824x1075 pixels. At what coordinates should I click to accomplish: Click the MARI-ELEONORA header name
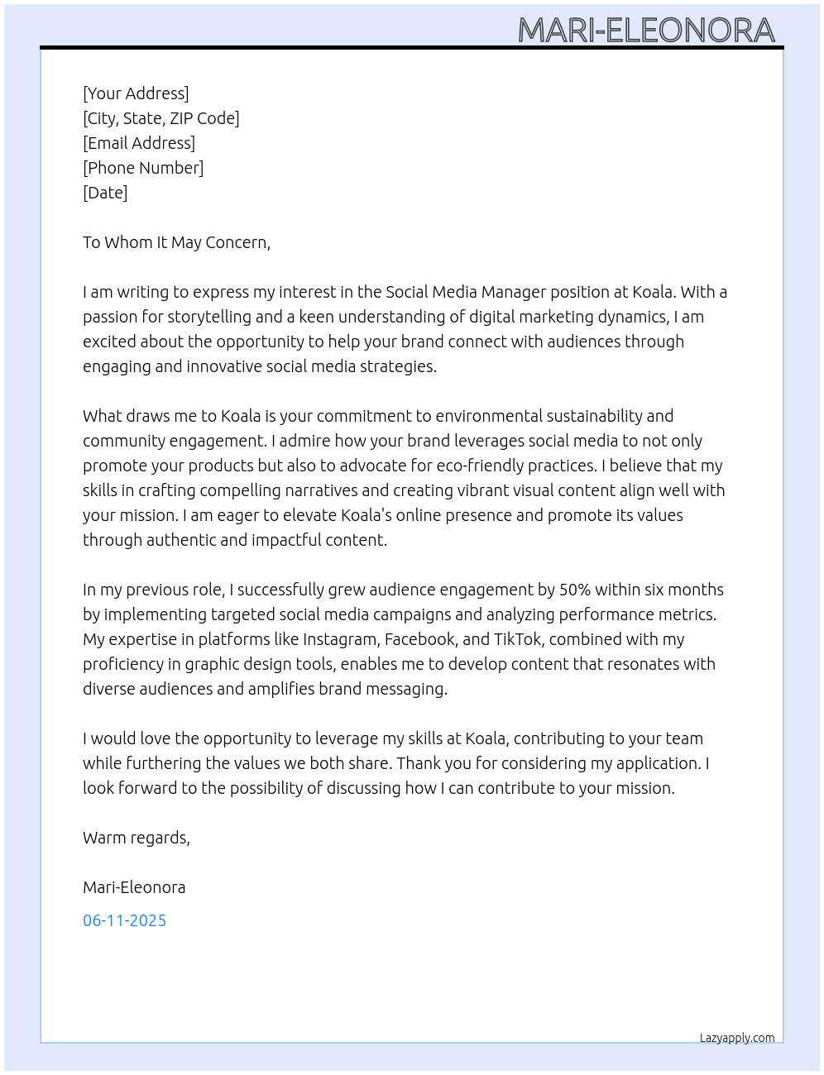(646, 31)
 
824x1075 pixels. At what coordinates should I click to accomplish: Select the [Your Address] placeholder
(136, 93)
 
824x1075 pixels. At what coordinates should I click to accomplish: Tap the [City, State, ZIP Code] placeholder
(161, 118)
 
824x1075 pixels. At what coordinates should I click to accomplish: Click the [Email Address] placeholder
(139, 143)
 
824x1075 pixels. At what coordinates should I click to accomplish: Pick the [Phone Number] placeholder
(143, 168)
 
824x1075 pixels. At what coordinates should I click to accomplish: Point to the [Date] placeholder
(105, 193)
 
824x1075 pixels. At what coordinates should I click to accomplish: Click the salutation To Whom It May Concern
(176, 242)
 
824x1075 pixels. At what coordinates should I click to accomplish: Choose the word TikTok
(517, 639)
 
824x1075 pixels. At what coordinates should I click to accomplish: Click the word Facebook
(420, 639)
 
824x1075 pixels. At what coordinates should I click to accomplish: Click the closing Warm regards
(137, 838)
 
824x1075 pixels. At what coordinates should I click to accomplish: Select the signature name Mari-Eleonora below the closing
(134, 887)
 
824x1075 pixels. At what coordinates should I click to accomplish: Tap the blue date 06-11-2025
(124, 920)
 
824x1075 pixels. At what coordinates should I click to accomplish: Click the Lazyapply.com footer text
(736, 1038)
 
